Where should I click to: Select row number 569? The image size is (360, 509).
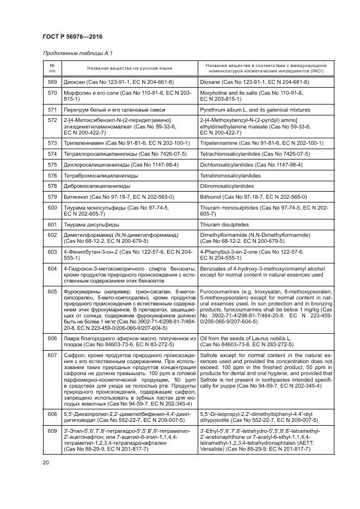pos(52,82)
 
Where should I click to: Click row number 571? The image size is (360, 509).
pos(52,109)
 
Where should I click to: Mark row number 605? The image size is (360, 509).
pos(52,292)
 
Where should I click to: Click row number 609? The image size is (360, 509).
pos(52,432)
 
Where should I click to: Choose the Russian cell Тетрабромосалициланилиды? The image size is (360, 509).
pos(101,175)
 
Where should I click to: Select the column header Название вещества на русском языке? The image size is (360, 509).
pos(129,68)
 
